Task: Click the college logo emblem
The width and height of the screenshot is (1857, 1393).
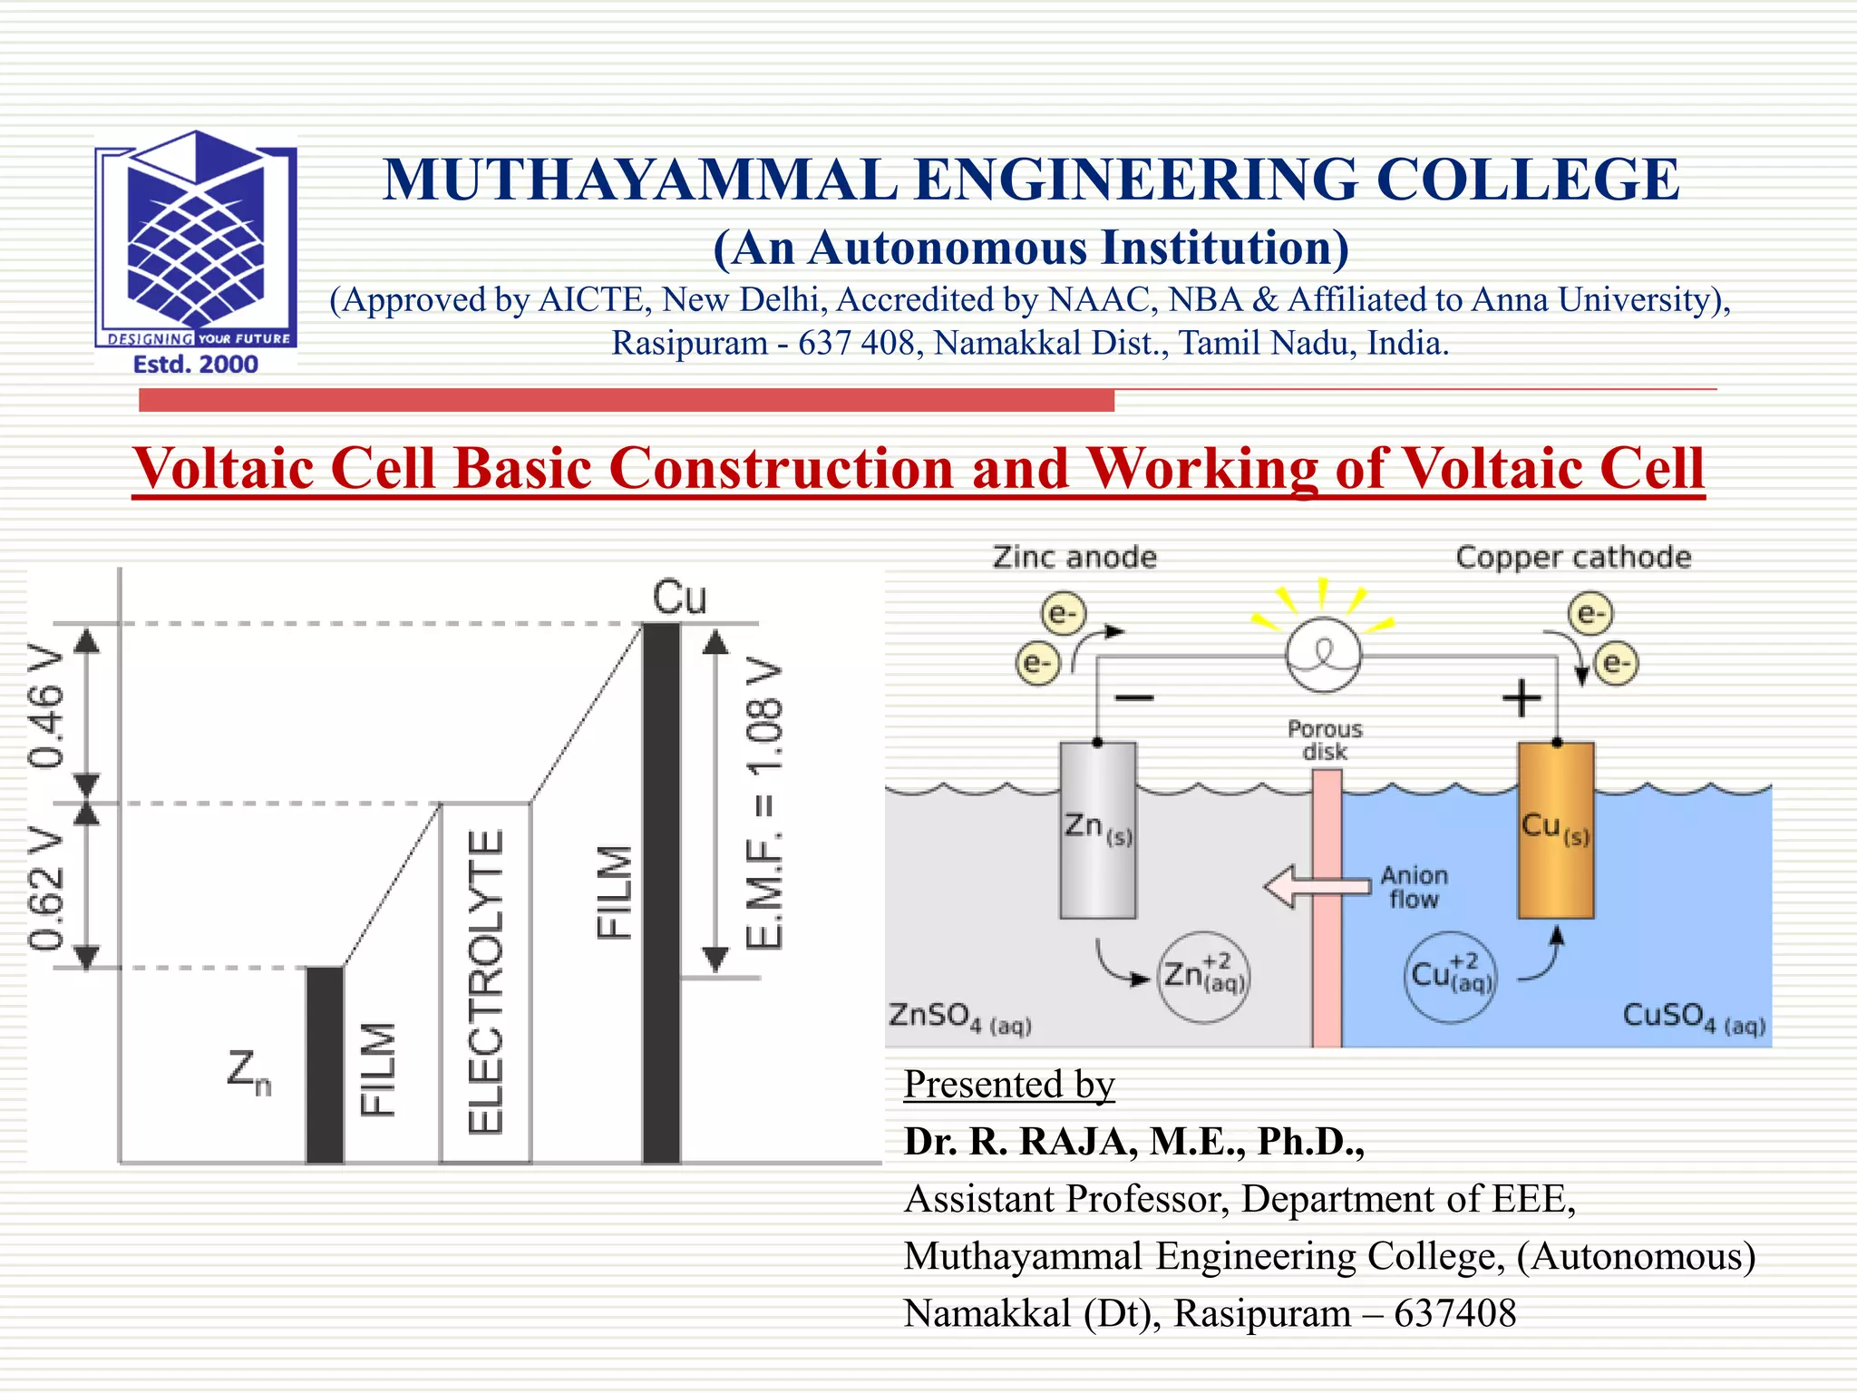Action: pyautogui.click(x=196, y=236)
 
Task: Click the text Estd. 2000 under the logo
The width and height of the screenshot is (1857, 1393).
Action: pyautogui.click(x=196, y=365)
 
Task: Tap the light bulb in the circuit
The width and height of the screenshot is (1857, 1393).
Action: pyautogui.click(x=1323, y=654)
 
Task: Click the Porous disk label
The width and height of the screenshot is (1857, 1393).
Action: pyautogui.click(x=1325, y=740)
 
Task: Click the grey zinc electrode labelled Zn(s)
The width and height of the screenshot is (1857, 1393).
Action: pyautogui.click(x=1098, y=862)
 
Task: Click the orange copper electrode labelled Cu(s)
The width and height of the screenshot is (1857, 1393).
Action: pyautogui.click(x=1556, y=862)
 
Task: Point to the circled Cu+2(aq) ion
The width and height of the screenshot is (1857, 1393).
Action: pyautogui.click(x=1450, y=977)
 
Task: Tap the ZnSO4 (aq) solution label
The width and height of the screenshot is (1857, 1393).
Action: pyautogui.click(x=959, y=1017)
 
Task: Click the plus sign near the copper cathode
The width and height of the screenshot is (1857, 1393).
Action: pyautogui.click(x=1522, y=698)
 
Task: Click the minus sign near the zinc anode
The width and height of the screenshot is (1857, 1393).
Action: pyautogui.click(x=1133, y=697)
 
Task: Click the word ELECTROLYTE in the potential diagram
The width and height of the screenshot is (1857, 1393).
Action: pyautogui.click(x=485, y=981)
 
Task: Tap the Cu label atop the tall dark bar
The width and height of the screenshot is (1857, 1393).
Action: pyautogui.click(x=679, y=598)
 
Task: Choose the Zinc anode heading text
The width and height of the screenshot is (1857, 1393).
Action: pyautogui.click(x=1074, y=557)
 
